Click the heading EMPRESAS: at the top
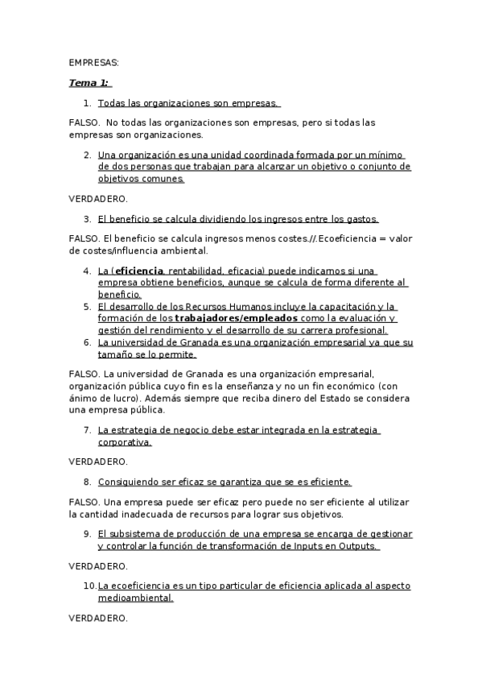93,62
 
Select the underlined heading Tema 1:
89,82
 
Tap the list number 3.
87,218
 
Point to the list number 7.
87,430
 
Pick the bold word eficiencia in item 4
140,271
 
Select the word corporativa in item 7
124,442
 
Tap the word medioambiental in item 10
135,598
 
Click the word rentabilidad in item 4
199,271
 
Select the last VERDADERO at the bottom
98,618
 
